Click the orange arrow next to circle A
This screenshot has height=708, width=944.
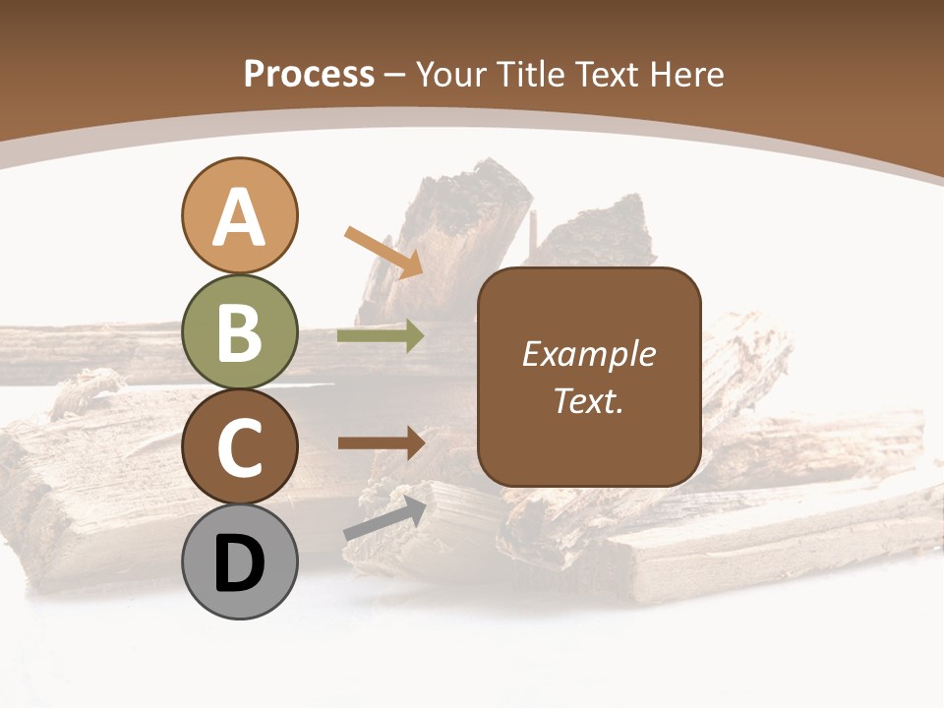(383, 251)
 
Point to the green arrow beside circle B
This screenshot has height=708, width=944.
(381, 336)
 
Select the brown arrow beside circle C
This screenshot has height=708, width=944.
(381, 442)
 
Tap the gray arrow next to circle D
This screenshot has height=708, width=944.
(384, 518)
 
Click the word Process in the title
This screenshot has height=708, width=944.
(309, 74)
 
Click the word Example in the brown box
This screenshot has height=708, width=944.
(588, 354)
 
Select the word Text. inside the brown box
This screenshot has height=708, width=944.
(588, 400)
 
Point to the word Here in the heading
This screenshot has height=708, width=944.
(688, 74)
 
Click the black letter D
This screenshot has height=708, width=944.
(239, 564)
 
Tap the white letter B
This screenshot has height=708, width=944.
(239, 332)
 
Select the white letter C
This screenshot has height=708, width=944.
(239, 448)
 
